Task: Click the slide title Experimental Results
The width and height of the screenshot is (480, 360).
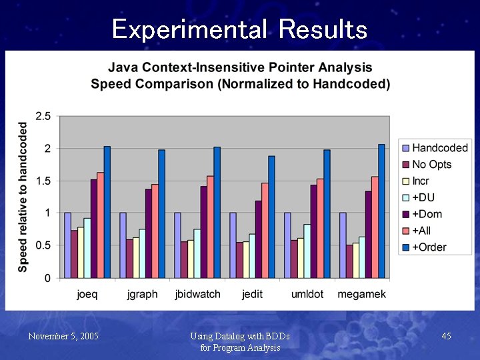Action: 239,29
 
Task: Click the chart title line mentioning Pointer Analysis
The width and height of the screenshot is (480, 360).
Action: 240,67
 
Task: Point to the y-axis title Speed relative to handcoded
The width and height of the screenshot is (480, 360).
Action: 23,196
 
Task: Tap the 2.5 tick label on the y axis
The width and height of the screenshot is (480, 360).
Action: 43,116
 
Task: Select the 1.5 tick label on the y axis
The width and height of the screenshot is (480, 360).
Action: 43,181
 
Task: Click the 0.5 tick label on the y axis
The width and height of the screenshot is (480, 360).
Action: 43,245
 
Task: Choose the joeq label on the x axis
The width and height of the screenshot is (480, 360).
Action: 87,294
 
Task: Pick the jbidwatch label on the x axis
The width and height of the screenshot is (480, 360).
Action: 197,294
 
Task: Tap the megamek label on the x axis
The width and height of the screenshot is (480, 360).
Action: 362,294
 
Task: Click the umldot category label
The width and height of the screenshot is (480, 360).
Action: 307,294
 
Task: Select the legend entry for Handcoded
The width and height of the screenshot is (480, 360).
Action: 439,148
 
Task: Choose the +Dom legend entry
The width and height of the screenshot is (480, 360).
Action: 427,214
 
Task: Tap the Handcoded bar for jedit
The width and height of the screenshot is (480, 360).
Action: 233,245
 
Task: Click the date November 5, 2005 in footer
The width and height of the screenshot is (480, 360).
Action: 63,337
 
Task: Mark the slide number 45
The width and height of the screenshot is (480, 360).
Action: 446,337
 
